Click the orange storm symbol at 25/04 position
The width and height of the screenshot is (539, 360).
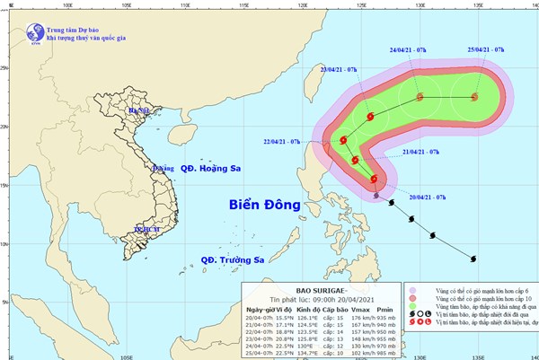474,97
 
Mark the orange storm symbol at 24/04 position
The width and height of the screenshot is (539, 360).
419,96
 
